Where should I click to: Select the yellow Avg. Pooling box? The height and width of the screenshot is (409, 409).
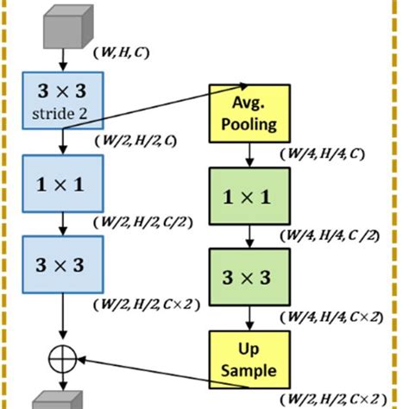[x=249, y=113]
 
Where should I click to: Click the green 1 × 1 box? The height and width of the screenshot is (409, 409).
[x=249, y=198]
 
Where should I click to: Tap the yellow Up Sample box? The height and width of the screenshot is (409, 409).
[x=249, y=360]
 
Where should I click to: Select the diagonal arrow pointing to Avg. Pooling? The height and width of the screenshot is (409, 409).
[x=155, y=107]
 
